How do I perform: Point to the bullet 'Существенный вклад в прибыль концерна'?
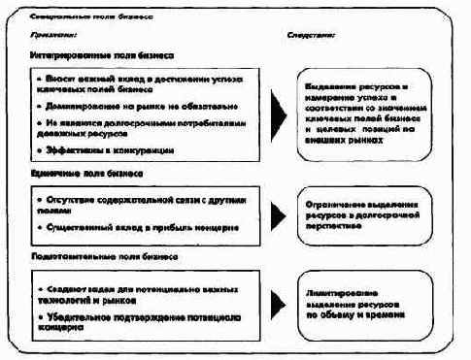[x=136, y=225]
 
